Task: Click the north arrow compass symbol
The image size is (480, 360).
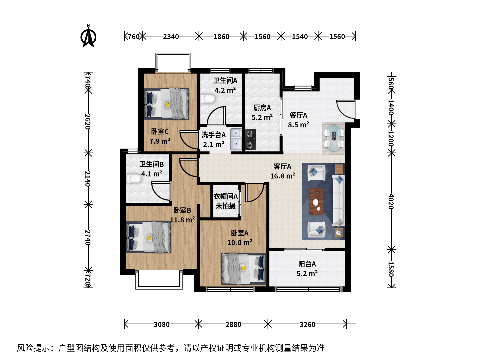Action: (x=88, y=36)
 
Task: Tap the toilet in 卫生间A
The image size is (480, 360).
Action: (x=208, y=99)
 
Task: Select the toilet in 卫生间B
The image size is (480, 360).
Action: (x=134, y=179)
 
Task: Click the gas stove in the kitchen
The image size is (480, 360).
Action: (x=250, y=140)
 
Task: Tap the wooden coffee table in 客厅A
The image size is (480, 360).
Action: (x=316, y=202)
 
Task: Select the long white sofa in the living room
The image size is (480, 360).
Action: (x=339, y=200)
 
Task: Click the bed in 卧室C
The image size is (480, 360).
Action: (x=166, y=104)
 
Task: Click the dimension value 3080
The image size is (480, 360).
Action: (x=162, y=324)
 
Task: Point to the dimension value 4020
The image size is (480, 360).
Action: (x=391, y=201)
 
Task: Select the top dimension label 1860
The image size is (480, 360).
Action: (x=221, y=37)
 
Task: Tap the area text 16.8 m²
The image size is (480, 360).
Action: (x=283, y=176)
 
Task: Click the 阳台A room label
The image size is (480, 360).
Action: (x=307, y=264)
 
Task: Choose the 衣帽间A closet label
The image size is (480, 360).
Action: (x=225, y=196)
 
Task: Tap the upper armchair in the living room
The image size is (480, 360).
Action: (x=316, y=172)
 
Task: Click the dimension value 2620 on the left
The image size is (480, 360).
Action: (x=88, y=121)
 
